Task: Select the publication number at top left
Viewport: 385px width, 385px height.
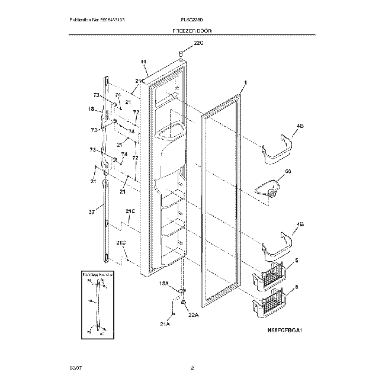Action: (x=97, y=20)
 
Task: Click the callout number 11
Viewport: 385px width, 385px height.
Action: (x=143, y=63)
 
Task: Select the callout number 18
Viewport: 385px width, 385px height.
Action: (x=91, y=109)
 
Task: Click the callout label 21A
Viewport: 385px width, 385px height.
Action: (x=165, y=323)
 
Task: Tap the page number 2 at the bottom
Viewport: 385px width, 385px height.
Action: (x=192, y=369)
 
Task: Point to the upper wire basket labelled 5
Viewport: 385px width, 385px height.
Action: (x=272, y=275)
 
